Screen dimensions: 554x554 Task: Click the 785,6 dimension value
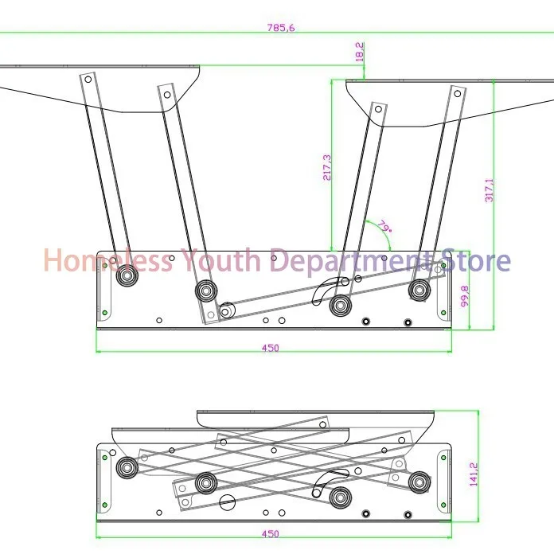click(x=281, y=28)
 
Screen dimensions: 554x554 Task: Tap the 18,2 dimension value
click(x=359, y=52)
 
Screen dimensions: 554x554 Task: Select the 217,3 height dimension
click(x=327, y=167)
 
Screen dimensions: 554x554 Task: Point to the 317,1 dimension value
click(x=489, y=190)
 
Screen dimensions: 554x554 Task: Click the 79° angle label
click(x=384, y=226)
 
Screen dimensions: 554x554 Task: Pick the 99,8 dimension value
click(x=465, y=296)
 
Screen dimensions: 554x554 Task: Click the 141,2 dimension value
click(x=474, y=474)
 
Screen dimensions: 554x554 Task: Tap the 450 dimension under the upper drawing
click(x=271, y=348)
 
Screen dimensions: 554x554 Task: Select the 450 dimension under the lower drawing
click(x=271, y=533)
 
